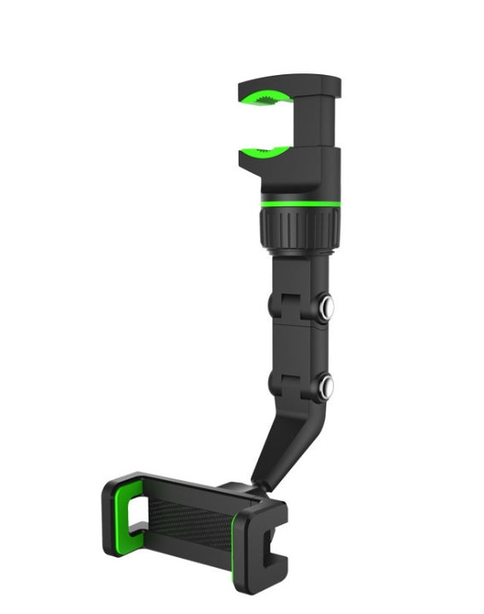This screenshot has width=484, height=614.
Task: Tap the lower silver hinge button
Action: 324,389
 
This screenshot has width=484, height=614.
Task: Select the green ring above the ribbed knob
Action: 300,204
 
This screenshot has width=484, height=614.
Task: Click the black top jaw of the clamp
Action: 290,85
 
